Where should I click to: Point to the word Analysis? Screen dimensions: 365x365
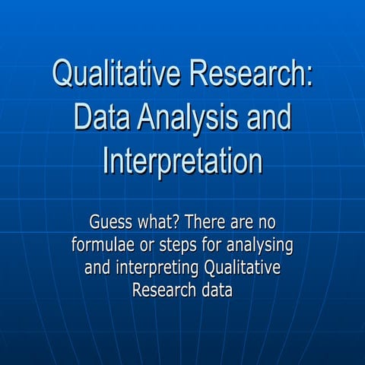point(193,119)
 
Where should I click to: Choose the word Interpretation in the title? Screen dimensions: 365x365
point(182,161)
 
